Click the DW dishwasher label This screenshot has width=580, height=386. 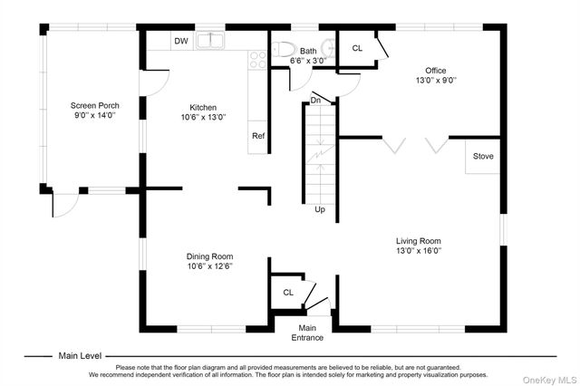[x=181, y=41]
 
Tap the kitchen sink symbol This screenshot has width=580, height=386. [x=210, y=40]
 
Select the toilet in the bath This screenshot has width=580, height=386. [x=284, y=49]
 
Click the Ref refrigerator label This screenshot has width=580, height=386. [x=258, y=136]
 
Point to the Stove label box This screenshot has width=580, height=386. [x=483, y=156]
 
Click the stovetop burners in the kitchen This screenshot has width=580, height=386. [x=257, y=60]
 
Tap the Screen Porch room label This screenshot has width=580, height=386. [x=95, y=105]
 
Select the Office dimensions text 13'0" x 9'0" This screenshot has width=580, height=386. [x=436, y=80]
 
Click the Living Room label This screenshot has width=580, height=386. [x=419, y=241]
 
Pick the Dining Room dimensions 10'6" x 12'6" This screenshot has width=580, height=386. [x=209, y=265]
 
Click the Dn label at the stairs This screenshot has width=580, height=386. [x=315, y=101]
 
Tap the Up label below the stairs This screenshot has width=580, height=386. [x=320, y=209]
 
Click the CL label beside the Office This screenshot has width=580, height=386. [x=357, y=48]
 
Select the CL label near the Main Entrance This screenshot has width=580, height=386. [x=288, y=293]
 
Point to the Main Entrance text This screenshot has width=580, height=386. [x=307, y=333]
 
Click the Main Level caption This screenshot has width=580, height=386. [x=80, y=356]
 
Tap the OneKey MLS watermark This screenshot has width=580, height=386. [x=550, y=380]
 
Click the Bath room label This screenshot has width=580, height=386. [x=308, y=51]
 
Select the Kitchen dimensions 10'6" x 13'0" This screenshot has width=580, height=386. [x=203, y=117]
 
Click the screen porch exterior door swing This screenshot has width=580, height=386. [x=65, y=205]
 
